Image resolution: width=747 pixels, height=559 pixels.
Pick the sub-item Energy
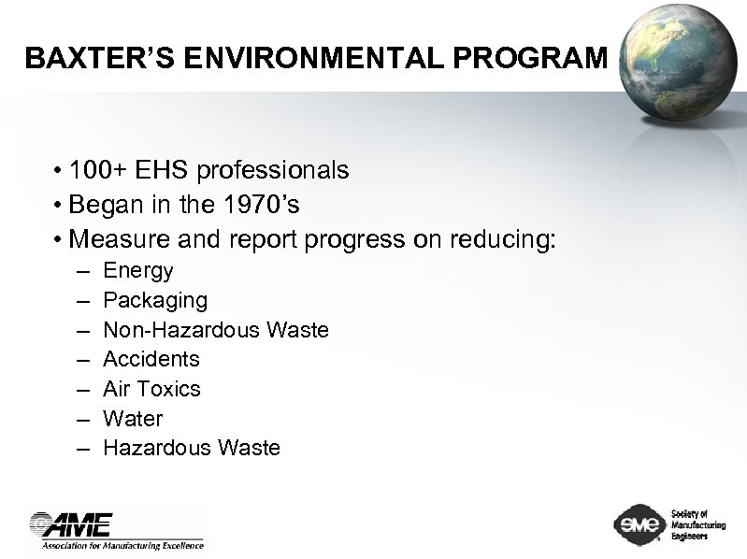click(x=138, y=271)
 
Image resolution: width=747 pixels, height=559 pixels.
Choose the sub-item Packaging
click(x=155, y=301)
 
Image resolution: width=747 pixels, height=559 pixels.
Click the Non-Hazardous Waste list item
click(x=215, y=330)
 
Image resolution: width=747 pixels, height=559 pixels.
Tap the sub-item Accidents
click(x=151, y=359)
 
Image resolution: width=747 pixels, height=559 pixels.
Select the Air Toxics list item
click(x=151, y=389)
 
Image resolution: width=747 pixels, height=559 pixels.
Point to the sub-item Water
click(x=133, y=418)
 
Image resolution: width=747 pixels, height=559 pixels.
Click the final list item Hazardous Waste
click(x=192, y=448)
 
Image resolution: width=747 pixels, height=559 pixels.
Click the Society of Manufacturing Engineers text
click(x=697, y=524)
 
